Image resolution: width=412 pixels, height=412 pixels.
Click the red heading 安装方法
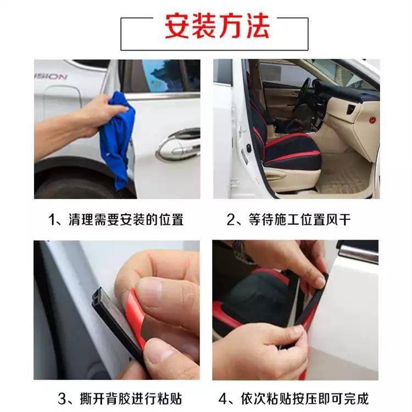[217, 26]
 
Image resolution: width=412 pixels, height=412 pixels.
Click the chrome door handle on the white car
[179, 146]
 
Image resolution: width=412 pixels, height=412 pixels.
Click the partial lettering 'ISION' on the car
[51, 76]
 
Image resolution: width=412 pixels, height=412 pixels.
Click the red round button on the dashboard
[372, 120]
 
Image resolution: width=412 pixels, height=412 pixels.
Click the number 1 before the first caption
[52, 220]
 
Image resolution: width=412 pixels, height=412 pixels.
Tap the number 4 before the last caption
[223, 399]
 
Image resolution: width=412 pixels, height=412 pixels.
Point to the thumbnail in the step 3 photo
[149, 292]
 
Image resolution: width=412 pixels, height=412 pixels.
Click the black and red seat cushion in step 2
[292, 152]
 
